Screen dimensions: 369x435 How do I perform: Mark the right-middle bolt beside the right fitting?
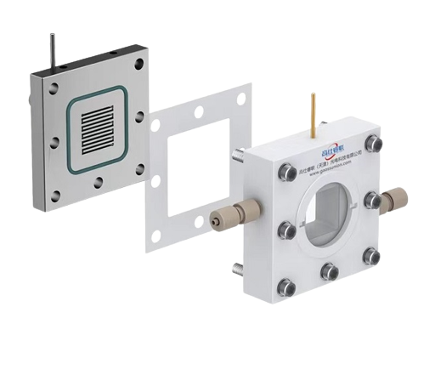coord(370,200)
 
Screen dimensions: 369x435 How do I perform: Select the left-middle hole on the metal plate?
coord(52,141)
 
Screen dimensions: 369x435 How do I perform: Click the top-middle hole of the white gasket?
coord(198,111)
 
